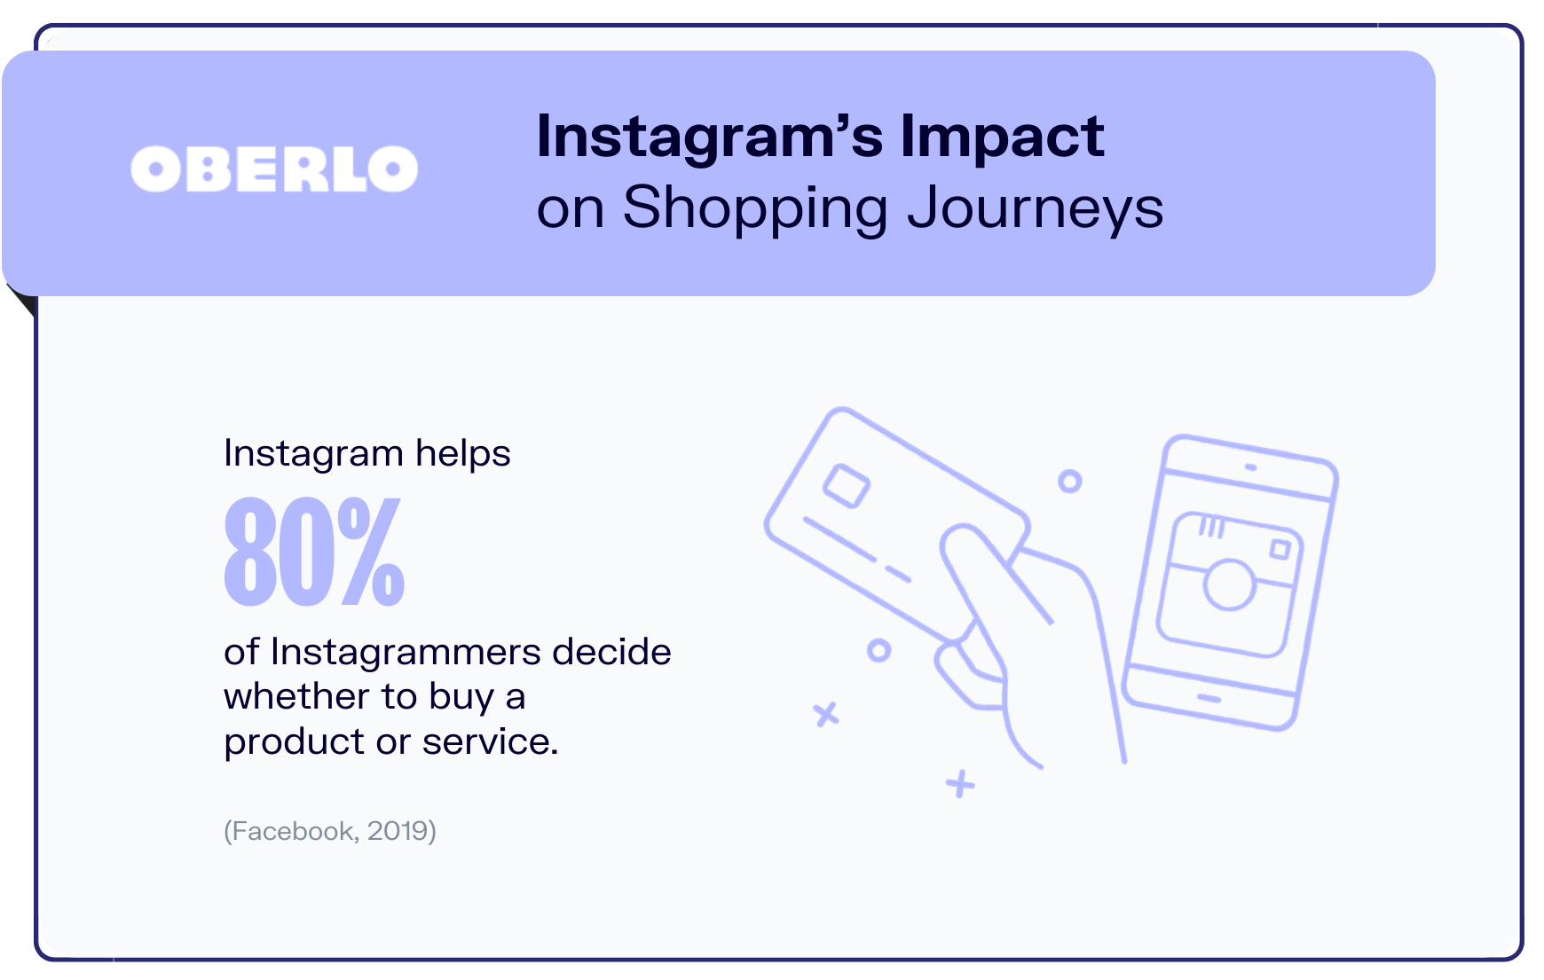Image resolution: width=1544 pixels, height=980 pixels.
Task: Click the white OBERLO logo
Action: pyautogui.click(x=274, y=169)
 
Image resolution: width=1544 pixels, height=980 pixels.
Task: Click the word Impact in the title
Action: pyautogui.click(x=1002, y=137)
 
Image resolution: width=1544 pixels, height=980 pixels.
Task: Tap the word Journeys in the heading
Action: pyautogui.click(x=1035, y=210)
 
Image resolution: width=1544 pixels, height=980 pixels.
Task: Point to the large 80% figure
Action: pyautogui.click(x=314, y=551)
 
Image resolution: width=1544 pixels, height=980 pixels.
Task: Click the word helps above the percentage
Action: pyautogui.click(x=463, y=453)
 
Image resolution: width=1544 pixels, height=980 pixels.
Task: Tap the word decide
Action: pyautogui.click(x=611, y=652)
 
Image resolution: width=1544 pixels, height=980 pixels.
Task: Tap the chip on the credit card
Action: pyautogui.click(x=847, y=486)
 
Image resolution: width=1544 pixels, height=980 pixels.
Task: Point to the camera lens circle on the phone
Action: pyautogui.click(x=1230, y=584)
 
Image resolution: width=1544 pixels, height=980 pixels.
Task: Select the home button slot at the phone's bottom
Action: pyautogui.click(x=1209, y=699)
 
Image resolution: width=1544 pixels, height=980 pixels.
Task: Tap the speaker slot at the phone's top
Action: pyautogui.click(x=1251, y=467)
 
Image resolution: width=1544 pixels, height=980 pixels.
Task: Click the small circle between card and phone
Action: pyautogui.click(x=1070, y=482)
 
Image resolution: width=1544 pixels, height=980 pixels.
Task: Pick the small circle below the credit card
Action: pyautogui.click(x=878, y=651)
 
